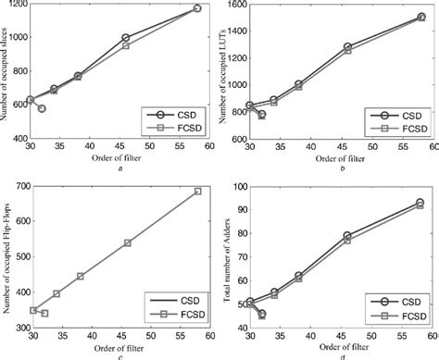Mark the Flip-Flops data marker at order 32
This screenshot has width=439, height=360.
pyautogui.click(x=44, y=313)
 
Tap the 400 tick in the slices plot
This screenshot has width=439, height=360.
pyautogui.click(x=19, y=139)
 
